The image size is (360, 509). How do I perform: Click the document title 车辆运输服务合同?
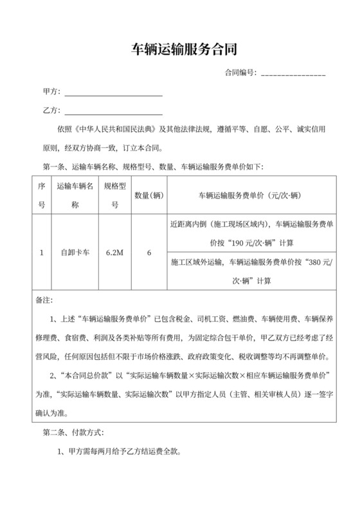[x=179, y=49]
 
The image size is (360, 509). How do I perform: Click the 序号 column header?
[x=41, y=195]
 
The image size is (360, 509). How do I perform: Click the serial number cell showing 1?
[x=41, y=253]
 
